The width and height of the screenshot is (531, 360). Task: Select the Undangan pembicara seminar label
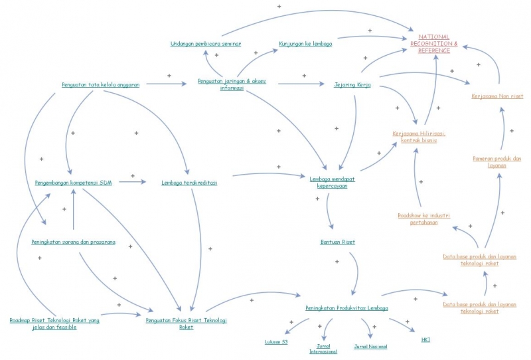[205, 44]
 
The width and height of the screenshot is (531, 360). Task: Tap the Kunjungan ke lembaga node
[305, 44]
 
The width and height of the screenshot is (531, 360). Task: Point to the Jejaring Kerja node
[352, 85]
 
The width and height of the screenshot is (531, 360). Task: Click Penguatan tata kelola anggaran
[101, 85]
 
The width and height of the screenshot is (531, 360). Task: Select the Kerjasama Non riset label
[497, 96]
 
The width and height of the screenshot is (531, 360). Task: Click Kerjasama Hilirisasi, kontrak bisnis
[419, 136]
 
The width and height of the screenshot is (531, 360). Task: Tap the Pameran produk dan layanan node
[497, 161]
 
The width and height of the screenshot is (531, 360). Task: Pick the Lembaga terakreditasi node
[189, 182]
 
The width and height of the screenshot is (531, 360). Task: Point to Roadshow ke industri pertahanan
[424, 219]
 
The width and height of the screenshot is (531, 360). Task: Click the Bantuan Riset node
[337, 242]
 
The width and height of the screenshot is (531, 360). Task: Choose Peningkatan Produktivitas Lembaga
[346, 308]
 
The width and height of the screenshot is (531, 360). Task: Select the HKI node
[425, 340]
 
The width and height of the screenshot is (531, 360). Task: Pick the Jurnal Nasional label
[370, 346]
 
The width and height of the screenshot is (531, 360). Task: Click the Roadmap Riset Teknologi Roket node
[54, 323]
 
